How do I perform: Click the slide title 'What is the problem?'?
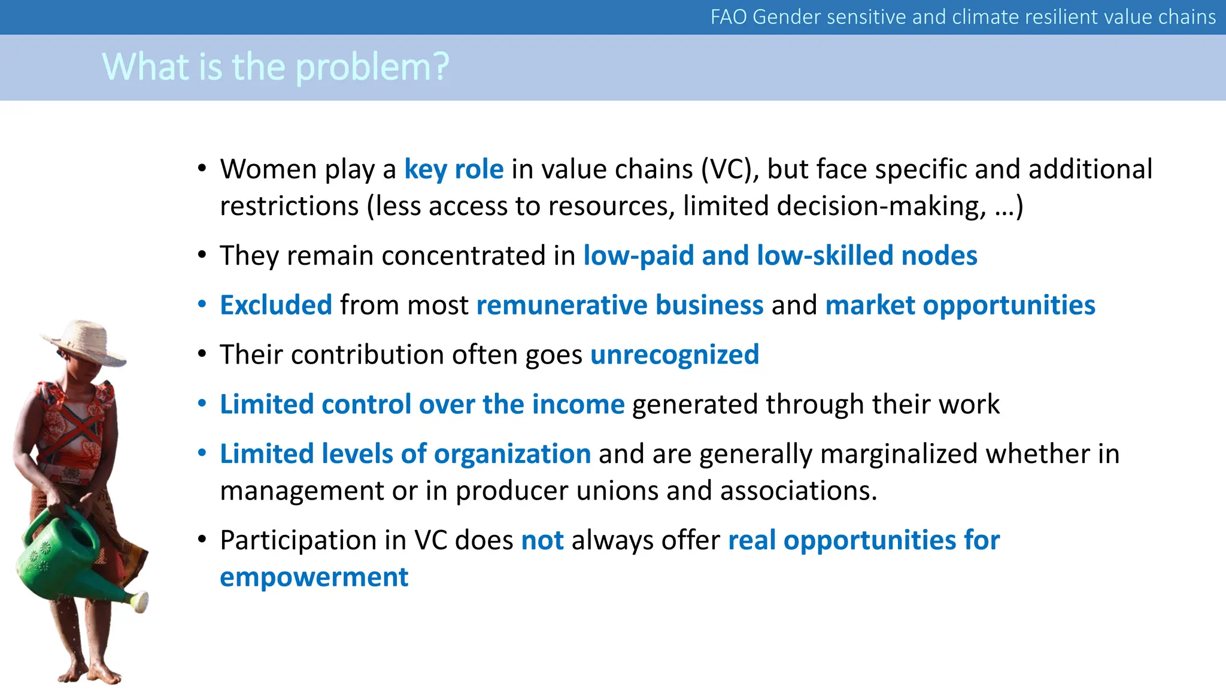(x=275, y=66)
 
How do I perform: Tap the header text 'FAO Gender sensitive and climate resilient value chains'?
(x=963, y=17)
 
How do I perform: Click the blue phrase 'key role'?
(x=454, y=170)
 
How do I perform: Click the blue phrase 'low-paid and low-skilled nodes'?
(x=780, y=256)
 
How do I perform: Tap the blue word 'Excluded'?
(x=276, y=305)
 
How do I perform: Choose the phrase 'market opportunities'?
(x=960, y=305)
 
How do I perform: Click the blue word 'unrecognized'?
(x=674, y=355)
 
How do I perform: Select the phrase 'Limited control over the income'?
(x=422, y=404)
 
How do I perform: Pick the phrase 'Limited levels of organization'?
(x=405, y=454)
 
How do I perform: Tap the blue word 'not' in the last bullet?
(x=542, y=540)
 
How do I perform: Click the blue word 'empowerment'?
(x=314, y=577)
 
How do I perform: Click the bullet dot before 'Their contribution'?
(x=202, y=355)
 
